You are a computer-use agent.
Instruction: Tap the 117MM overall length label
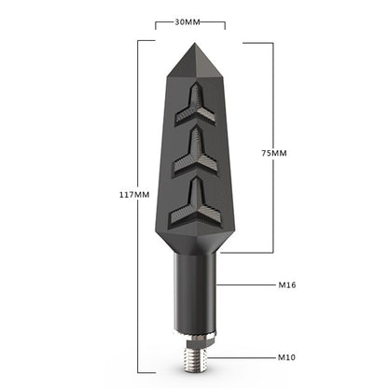click(134, 195)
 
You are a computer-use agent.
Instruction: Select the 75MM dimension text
click(274, 153)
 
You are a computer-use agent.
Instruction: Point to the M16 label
click(287, 284)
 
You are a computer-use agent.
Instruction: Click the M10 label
click(286, 357)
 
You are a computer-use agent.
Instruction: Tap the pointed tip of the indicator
click(195, 43)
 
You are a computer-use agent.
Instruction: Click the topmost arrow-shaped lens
click(195, 104)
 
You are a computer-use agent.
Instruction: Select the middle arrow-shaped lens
click(195, 151)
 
